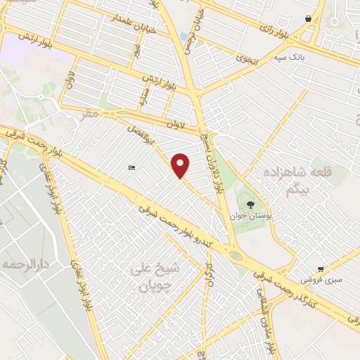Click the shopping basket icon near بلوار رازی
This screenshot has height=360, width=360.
[x=309, y=19]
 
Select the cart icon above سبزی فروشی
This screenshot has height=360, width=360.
[x=321, y=269]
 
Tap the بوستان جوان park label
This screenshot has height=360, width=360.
[x=247, y=216]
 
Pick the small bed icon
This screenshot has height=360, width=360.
[x=131, y=167]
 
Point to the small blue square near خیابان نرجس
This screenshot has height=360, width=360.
[x=184, y=36]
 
